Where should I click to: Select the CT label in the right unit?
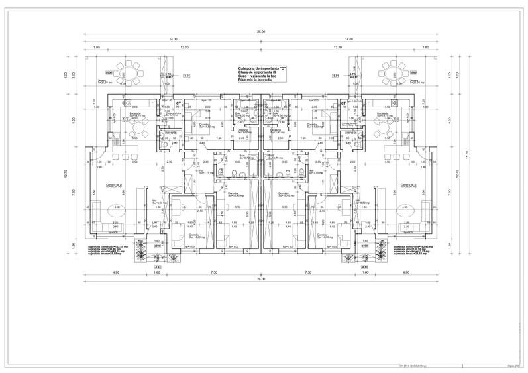click(x=343, y=103)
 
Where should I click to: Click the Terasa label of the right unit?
click(x=416, y=81)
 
